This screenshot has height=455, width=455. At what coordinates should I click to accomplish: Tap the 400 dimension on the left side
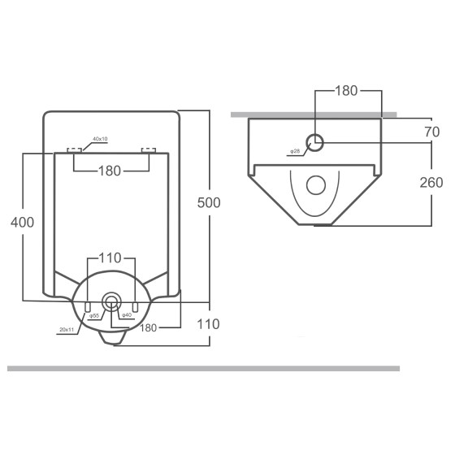[x=23, y=220]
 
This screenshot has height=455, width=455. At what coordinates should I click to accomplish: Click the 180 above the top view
[x=347, y=90]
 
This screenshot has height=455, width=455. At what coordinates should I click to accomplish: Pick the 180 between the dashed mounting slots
[x=110, y=171]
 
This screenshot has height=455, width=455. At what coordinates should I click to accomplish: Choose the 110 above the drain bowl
[x=110, y=258]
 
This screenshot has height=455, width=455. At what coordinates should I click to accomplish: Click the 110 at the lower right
[x=209, y=323]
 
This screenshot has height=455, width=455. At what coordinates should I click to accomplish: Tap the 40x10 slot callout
[x=101, y=140]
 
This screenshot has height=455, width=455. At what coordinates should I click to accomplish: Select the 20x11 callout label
[x=66, y=329]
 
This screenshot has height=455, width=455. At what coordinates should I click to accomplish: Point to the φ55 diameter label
[x=94, y=315]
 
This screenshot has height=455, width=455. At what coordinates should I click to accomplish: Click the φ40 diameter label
[x=126, y=315]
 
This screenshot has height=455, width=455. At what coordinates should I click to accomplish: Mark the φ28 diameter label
[x=294, y=151]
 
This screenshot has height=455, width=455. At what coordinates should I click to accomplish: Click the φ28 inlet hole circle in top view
[x=317, y=143]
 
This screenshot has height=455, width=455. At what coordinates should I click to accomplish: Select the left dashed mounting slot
[x=74, y=149]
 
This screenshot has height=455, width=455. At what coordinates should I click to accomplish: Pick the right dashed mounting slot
[x=148, y=149]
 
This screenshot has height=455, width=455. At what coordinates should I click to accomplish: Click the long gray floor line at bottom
[x=203, y=368]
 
